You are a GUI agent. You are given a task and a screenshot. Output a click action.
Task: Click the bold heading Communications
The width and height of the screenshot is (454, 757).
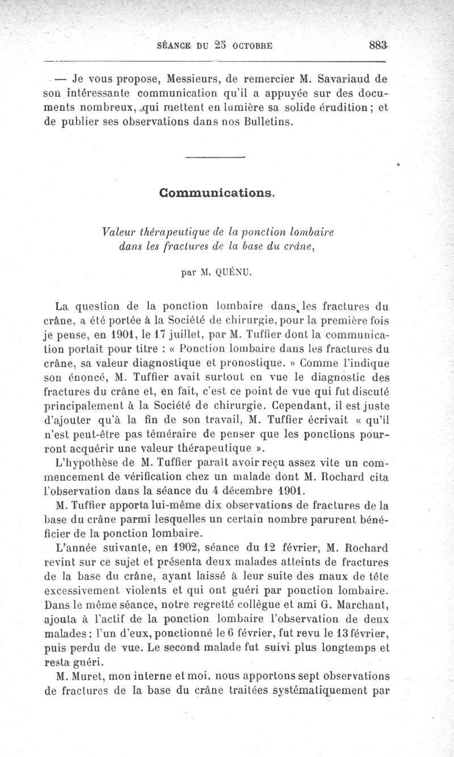click(x=218, y=193)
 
